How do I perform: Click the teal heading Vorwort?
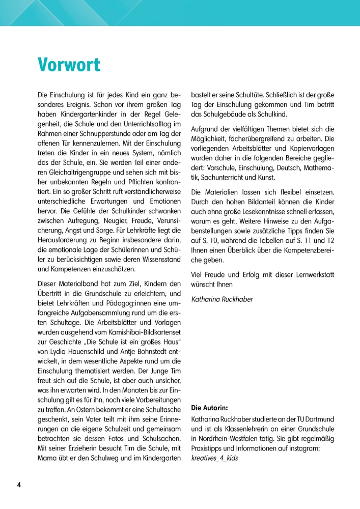69,65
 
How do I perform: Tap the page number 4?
19,485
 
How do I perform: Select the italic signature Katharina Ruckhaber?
222,299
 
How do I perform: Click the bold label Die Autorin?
210,408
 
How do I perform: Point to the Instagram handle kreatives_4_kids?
214,458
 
